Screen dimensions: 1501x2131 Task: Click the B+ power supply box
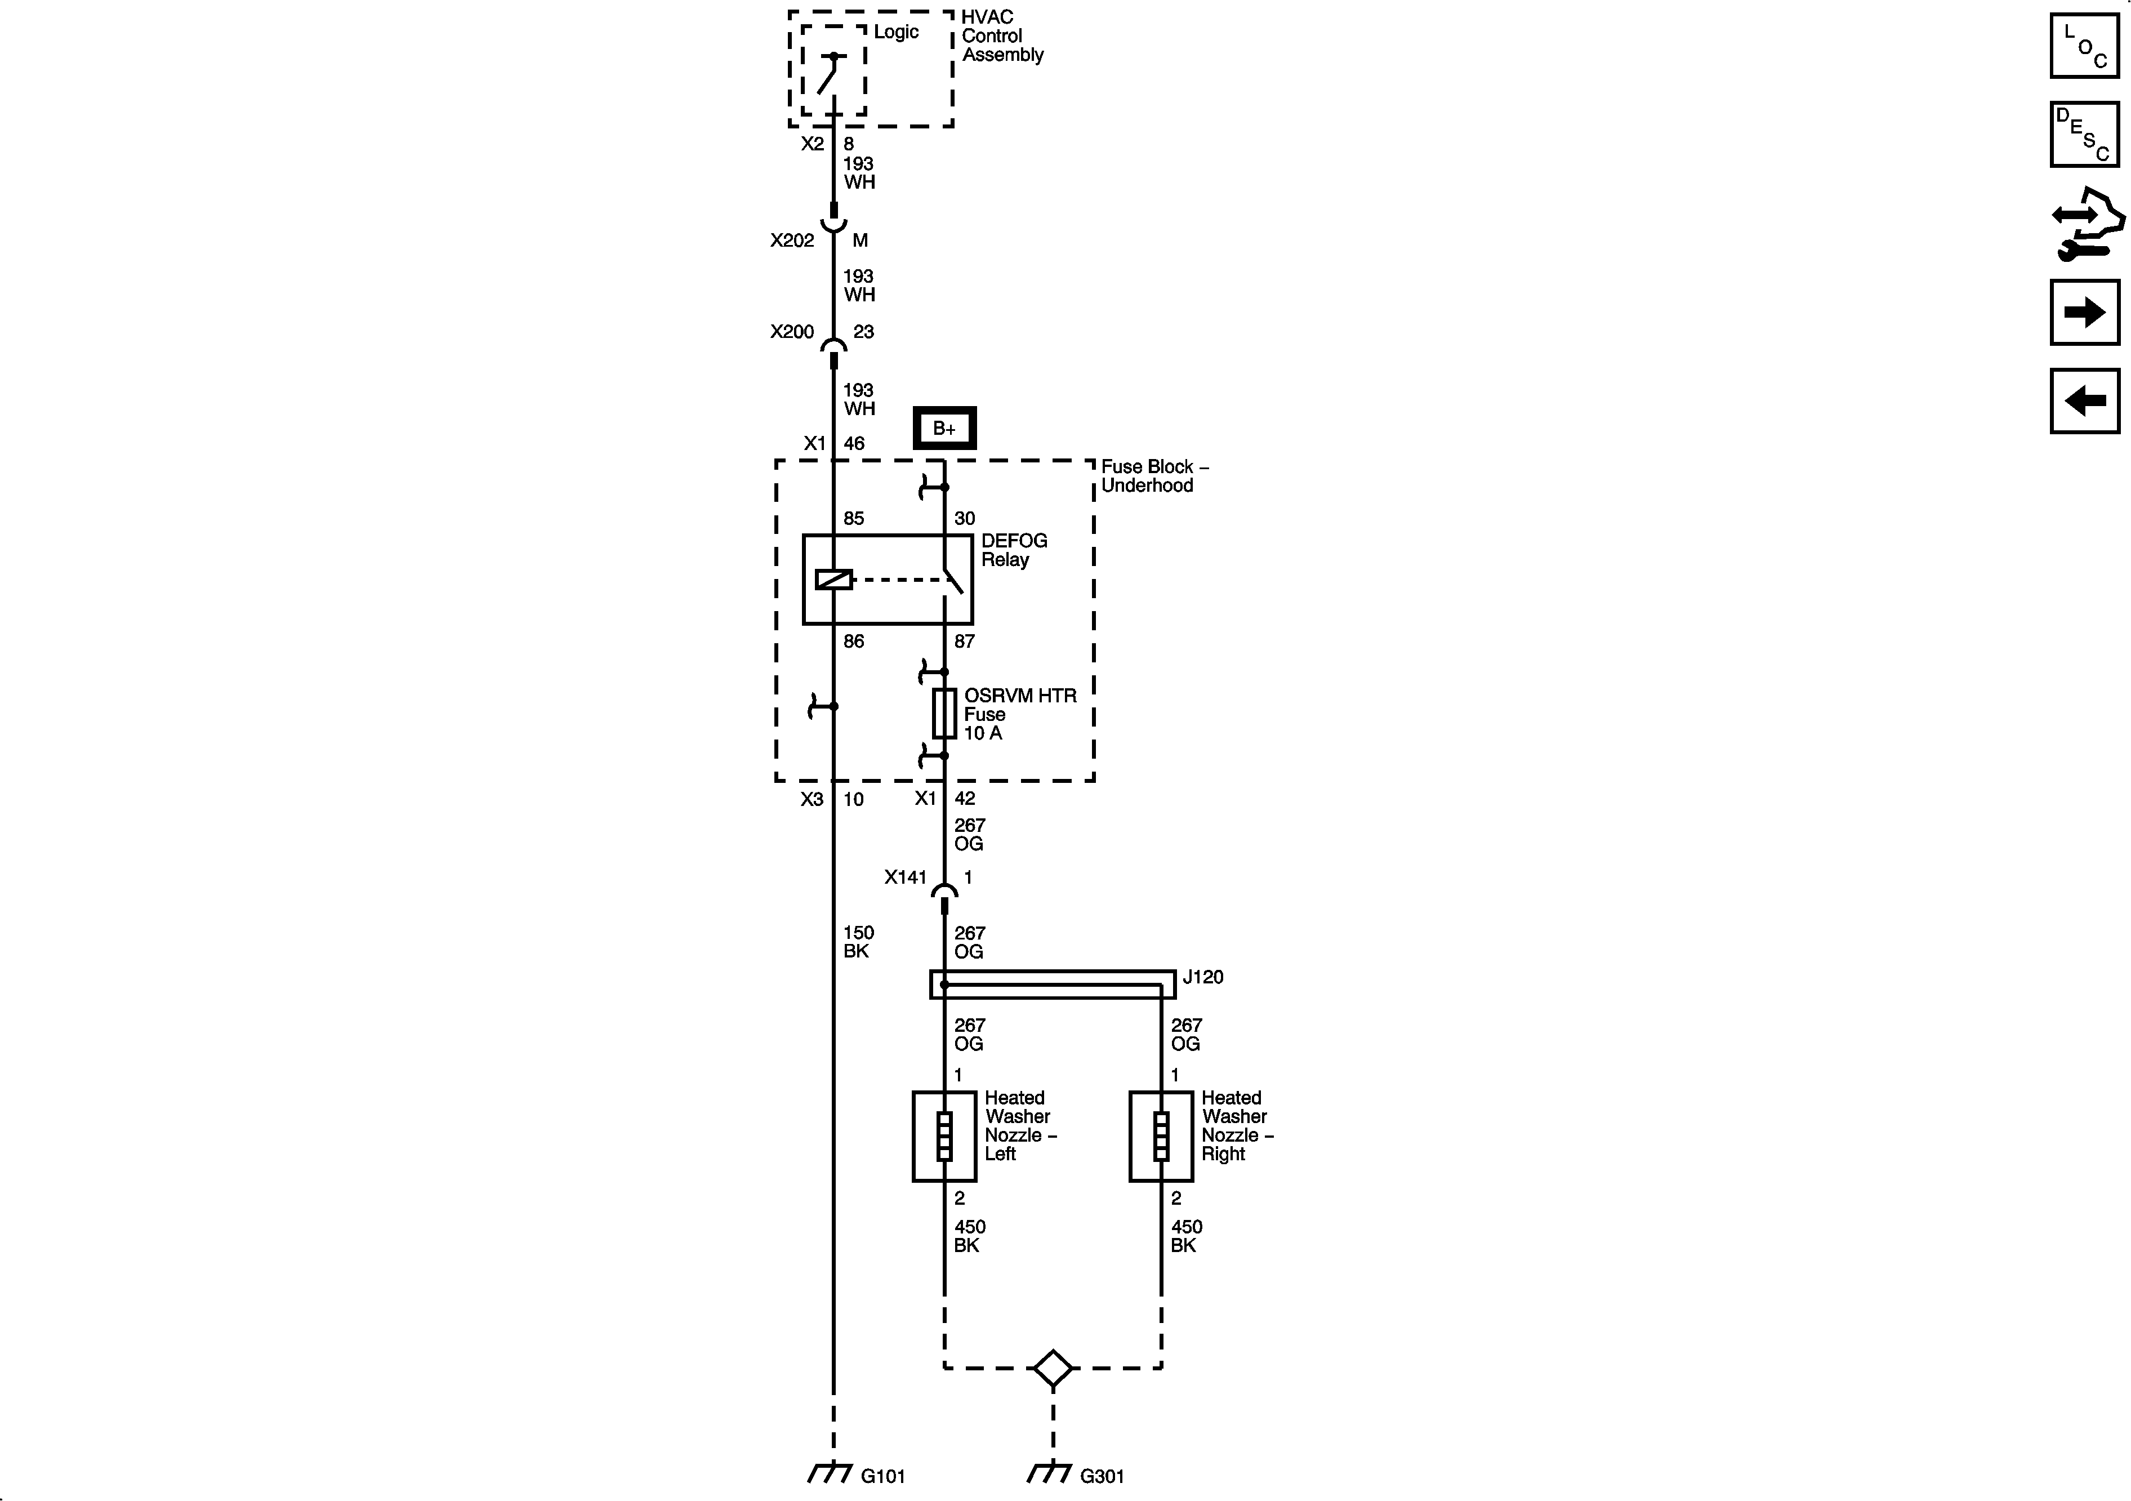tap(944, 428)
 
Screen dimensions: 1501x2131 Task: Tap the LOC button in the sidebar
tap(2084, 46)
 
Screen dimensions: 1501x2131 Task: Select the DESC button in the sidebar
tap(2084, 135)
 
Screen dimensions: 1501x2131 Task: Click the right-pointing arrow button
tap(2084, 312)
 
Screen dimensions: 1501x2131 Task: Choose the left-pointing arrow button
tap(2084, 401)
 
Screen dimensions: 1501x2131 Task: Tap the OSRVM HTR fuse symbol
tap(944, 713)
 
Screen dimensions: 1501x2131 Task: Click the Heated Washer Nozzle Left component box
tap(944, 1136)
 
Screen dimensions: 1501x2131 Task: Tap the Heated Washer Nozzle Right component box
tap(1160, 1136)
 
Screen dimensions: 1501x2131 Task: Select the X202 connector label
tap(792, 240)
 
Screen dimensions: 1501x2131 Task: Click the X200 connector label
tap(792, 331)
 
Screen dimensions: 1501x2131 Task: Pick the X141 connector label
tap(905, 876)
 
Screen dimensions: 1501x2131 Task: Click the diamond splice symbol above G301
tap(1053, 1368)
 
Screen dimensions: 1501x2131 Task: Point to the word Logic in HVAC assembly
tap(895, 32)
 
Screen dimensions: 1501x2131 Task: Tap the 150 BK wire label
tap(858, 941)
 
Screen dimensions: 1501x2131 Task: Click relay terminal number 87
tap(964, 640)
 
